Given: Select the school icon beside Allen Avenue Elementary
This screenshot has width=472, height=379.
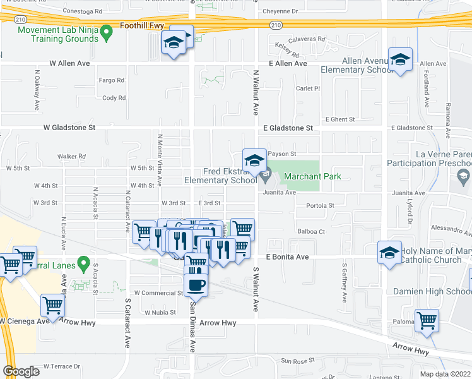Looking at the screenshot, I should [399, 60].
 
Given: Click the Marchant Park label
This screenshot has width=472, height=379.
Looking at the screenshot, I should [312, 176].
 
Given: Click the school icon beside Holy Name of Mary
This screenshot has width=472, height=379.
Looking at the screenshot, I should [389, 253].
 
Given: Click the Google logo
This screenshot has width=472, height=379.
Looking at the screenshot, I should [21, 371].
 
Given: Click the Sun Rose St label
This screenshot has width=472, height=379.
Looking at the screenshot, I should [298, 361].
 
